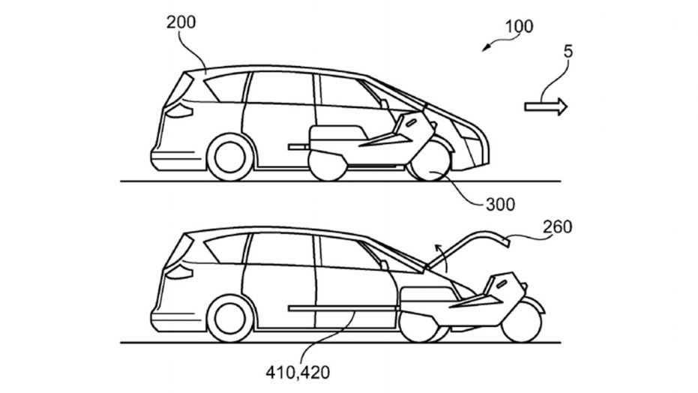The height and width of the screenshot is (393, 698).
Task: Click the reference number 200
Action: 181,22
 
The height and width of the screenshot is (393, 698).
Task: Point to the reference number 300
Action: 500,203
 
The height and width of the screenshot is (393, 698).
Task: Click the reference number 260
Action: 556,226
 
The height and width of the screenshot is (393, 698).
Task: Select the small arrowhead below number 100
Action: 487,46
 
